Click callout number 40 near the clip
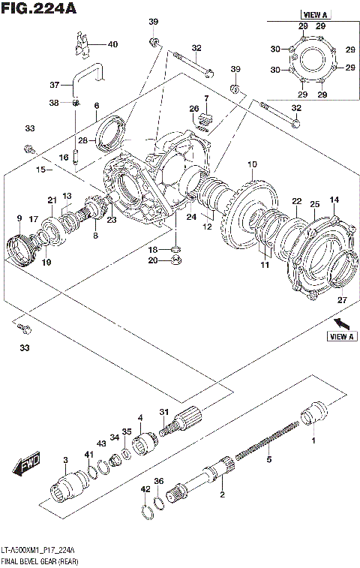112,44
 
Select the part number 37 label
54,84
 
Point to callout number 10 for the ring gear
252,164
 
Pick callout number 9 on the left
18,218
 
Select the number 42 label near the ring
145,488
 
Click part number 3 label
66,459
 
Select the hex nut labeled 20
175,262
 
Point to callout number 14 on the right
334,200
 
